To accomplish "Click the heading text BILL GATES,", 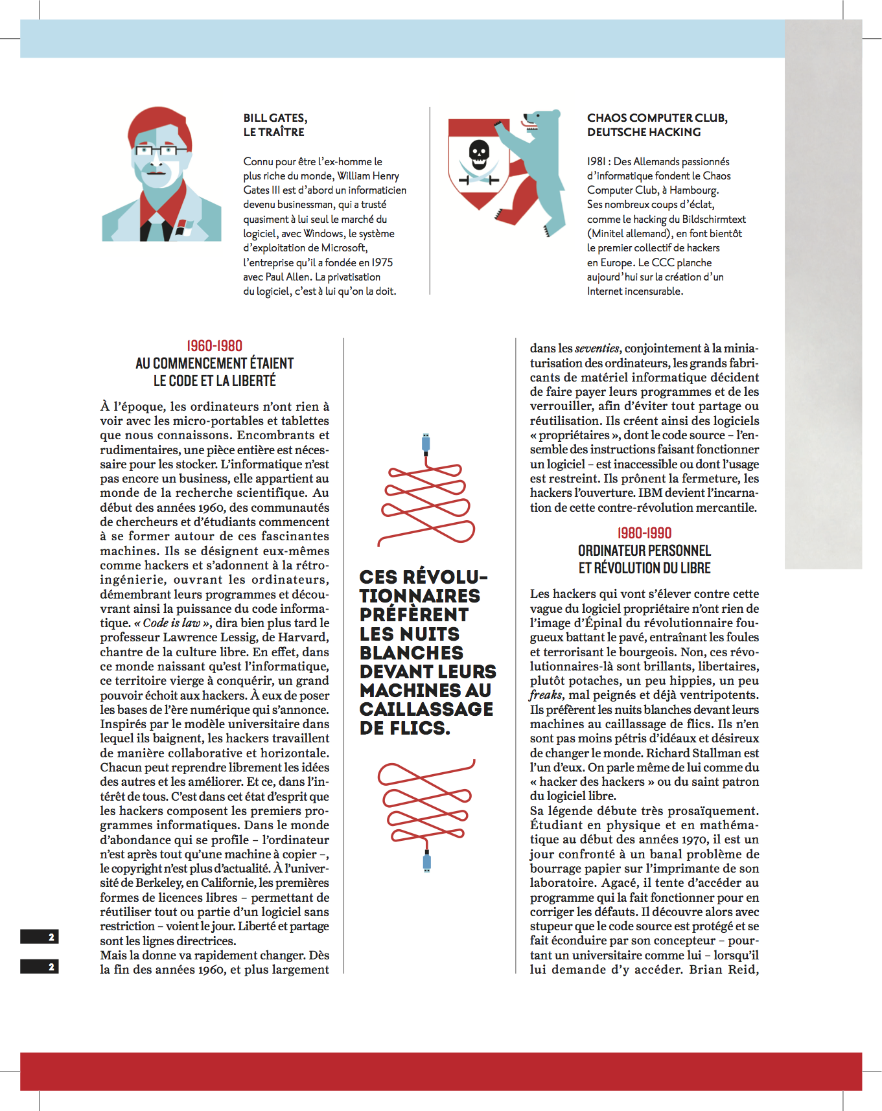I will click(275, 118).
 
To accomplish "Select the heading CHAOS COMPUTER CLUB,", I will click(657, 118).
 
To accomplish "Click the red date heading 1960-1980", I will click(215, 346).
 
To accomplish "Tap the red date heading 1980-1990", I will click(644, 533).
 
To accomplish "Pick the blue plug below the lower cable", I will click(426, 862).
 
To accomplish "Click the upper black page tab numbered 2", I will click(40, 937).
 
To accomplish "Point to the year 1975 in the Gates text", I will click(382, 262).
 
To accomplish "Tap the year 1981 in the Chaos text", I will click(596, 162).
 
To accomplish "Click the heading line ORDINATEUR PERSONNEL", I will click(644, 551).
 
